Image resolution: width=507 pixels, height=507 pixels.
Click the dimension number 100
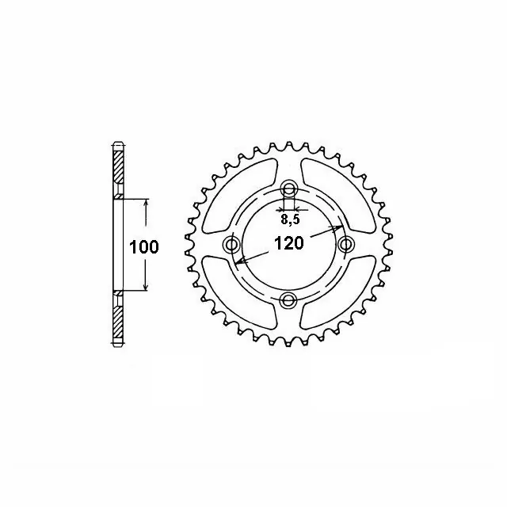pyautogui.click(x=144, y=247)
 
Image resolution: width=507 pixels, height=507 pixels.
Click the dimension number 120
pyautogui.click(x=288, y=244)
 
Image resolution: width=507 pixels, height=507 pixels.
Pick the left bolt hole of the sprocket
pyautogui.click(x=233, y=244)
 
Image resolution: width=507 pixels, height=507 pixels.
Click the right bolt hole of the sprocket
pyautogui.click(x=345, y=244)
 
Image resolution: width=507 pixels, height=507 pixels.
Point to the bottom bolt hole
pyautogui.click(x=289, y=299)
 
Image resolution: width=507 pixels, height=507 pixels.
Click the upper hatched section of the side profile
pyautogui.click(x=118, y=170)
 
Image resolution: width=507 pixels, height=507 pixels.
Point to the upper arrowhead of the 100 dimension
pyautogui.click(x=145, y=204)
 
